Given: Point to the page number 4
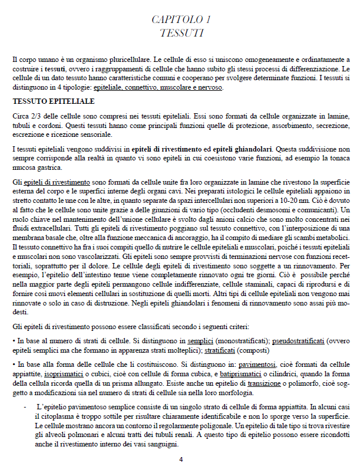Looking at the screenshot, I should (181, 459).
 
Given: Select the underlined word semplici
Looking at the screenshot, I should (200, 341).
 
